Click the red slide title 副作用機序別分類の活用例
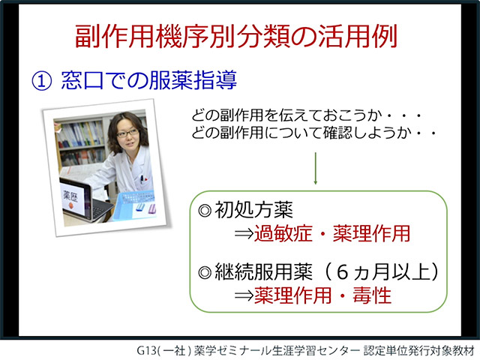coord(236,36)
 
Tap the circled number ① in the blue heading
coord(42,81)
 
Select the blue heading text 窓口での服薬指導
coord(149,80)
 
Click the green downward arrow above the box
coord(315,168)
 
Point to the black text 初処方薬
coord(253,210)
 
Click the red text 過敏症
coord(283,233)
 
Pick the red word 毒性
coord(372,295)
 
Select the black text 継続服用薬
coord(263,271)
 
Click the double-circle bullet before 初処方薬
coord(205,211)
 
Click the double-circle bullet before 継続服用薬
coord(205,272)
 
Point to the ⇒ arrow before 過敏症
coord(244,234)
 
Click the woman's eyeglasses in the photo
coord(127,133)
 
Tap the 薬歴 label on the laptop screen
coord(70,196)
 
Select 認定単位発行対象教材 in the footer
coord(418,350)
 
